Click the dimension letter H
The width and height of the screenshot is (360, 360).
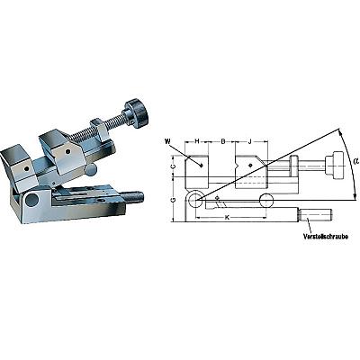197,141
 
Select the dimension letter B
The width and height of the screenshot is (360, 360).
223,141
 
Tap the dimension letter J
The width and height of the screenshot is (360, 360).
250,141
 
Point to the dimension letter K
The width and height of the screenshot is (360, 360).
227,218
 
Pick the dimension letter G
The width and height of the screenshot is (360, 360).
174,200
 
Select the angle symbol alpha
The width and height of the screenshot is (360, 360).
355,161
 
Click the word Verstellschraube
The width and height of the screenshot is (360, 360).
326,237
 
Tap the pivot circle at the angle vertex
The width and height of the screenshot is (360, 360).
195,200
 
